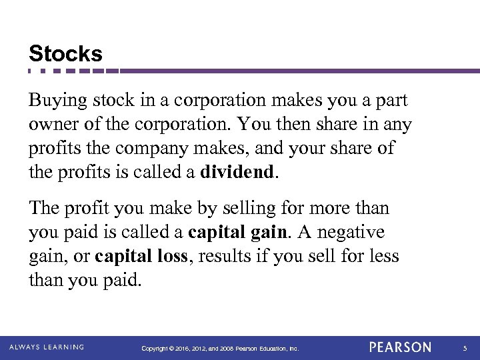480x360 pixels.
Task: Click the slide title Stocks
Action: [x=65, y=53]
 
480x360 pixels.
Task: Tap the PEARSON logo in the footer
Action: [x=401, y=347]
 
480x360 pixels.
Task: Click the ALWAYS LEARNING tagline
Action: [x=47, y=347]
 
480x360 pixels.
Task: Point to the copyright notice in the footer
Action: [x=221, y=348]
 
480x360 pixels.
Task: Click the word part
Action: [x=391, y=102]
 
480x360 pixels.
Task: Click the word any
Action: [x=399, y=125]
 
